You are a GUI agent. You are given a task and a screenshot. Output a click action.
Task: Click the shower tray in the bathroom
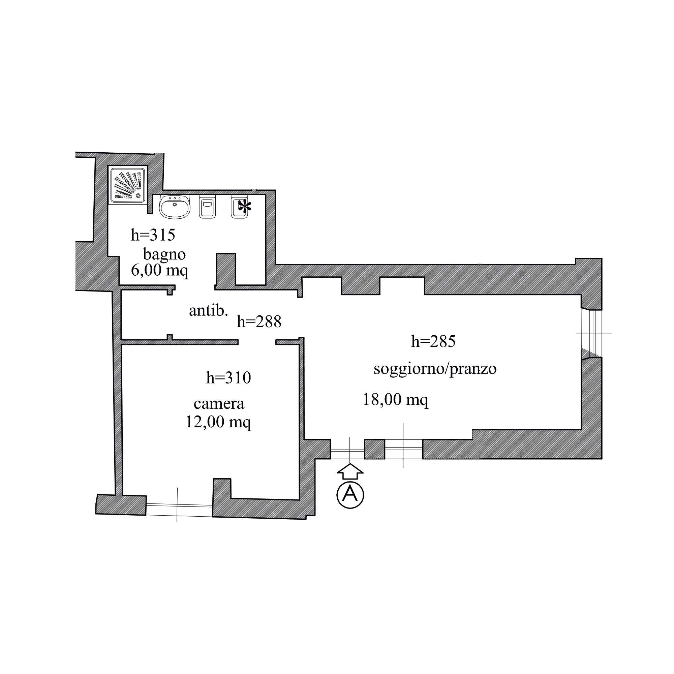[x=128, y=185]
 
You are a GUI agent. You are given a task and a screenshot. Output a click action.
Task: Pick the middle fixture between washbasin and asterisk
[x=208, y=207]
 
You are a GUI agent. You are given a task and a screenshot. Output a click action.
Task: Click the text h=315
[x=153, y=235]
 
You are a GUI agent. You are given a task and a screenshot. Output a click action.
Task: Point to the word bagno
[x=164, y=254]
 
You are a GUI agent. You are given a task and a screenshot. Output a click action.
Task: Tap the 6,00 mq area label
[x=160, y=270]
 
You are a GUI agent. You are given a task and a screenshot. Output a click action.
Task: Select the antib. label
[x=209, y=310]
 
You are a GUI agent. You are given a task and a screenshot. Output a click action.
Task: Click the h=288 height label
[x=259, y=321]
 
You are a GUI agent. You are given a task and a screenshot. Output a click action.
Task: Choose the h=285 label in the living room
[x=433, y=341]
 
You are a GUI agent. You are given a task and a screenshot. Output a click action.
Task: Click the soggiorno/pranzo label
[x=435, y=369]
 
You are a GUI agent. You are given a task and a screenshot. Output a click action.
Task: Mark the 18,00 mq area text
[x=396, y=400]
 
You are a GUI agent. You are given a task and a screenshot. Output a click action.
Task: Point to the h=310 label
[x=228, y=378]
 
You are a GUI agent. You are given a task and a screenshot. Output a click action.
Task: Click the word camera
[x=219, y=404]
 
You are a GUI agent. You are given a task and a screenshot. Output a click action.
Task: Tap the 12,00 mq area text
[x=218, y=422]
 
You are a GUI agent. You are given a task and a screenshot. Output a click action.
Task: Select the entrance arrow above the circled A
[x=350, y=471]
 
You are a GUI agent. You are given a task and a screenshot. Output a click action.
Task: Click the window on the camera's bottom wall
[x=179, y=510]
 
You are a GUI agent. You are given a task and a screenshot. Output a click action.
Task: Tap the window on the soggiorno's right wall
[x=592, y=334]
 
